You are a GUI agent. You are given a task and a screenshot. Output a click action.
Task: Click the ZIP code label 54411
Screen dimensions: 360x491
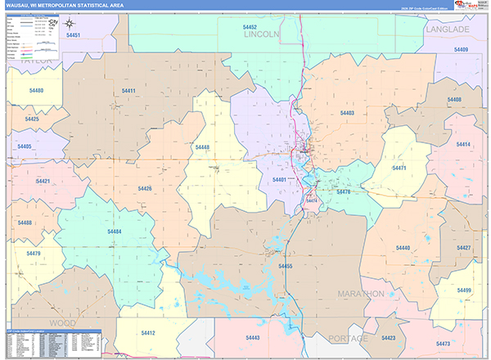coord(128,91)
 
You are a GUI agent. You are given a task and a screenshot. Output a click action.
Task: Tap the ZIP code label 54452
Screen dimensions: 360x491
coord(250,27)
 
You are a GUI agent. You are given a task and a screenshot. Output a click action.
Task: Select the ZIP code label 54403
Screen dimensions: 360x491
coord(347,113)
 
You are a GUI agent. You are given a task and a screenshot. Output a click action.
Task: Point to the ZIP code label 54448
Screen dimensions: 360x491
coord(202,147)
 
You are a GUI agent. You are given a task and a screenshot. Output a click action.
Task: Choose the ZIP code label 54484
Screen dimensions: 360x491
coord(115,232)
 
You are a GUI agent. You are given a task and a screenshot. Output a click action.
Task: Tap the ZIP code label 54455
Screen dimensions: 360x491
coord(285,266)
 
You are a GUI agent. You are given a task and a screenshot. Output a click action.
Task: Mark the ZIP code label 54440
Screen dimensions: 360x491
coord(403,247)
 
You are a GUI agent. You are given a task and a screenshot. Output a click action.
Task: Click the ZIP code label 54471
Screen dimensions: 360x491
coord(399,168)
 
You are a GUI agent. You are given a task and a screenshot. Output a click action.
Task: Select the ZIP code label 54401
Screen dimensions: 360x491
coord(279,179)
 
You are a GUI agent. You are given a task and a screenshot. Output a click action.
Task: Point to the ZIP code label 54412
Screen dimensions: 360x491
coord(148,333)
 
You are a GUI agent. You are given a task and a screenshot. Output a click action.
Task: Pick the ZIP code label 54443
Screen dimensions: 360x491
coord(253,337)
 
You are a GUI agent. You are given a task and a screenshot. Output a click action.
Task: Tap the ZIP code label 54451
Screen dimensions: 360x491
coord(73,36)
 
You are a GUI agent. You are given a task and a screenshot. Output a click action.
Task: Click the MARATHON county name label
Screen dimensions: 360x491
coord(361,293)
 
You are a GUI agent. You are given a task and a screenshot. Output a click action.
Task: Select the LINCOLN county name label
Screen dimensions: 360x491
coord(262,35)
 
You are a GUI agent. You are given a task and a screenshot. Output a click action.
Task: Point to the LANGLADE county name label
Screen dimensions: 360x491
coord(448,29)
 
